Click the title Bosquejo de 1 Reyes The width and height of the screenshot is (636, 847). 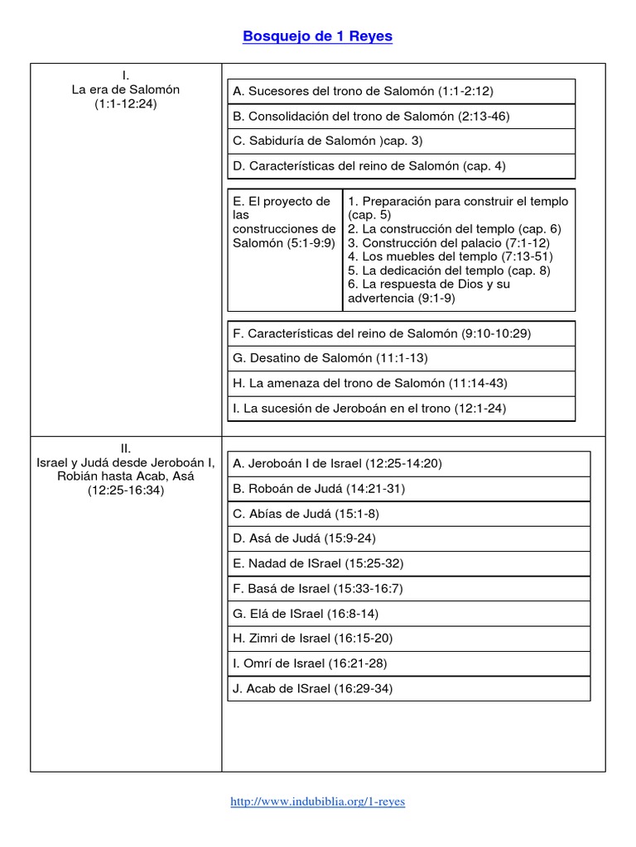[317, 36]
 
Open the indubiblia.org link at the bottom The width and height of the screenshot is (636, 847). [317, 802]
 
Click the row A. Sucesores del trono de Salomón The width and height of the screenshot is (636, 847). [364, 91]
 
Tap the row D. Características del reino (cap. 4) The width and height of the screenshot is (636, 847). [369, 166]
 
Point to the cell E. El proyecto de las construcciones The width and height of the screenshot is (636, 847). [284, 223]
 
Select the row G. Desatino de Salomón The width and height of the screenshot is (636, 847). [331, 358]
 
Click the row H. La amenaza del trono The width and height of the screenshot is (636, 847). [370, 383]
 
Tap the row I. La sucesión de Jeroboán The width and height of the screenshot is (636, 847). [369, 409]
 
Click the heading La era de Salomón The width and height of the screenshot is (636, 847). [126, 89]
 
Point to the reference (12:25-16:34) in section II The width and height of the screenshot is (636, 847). [126, 490]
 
